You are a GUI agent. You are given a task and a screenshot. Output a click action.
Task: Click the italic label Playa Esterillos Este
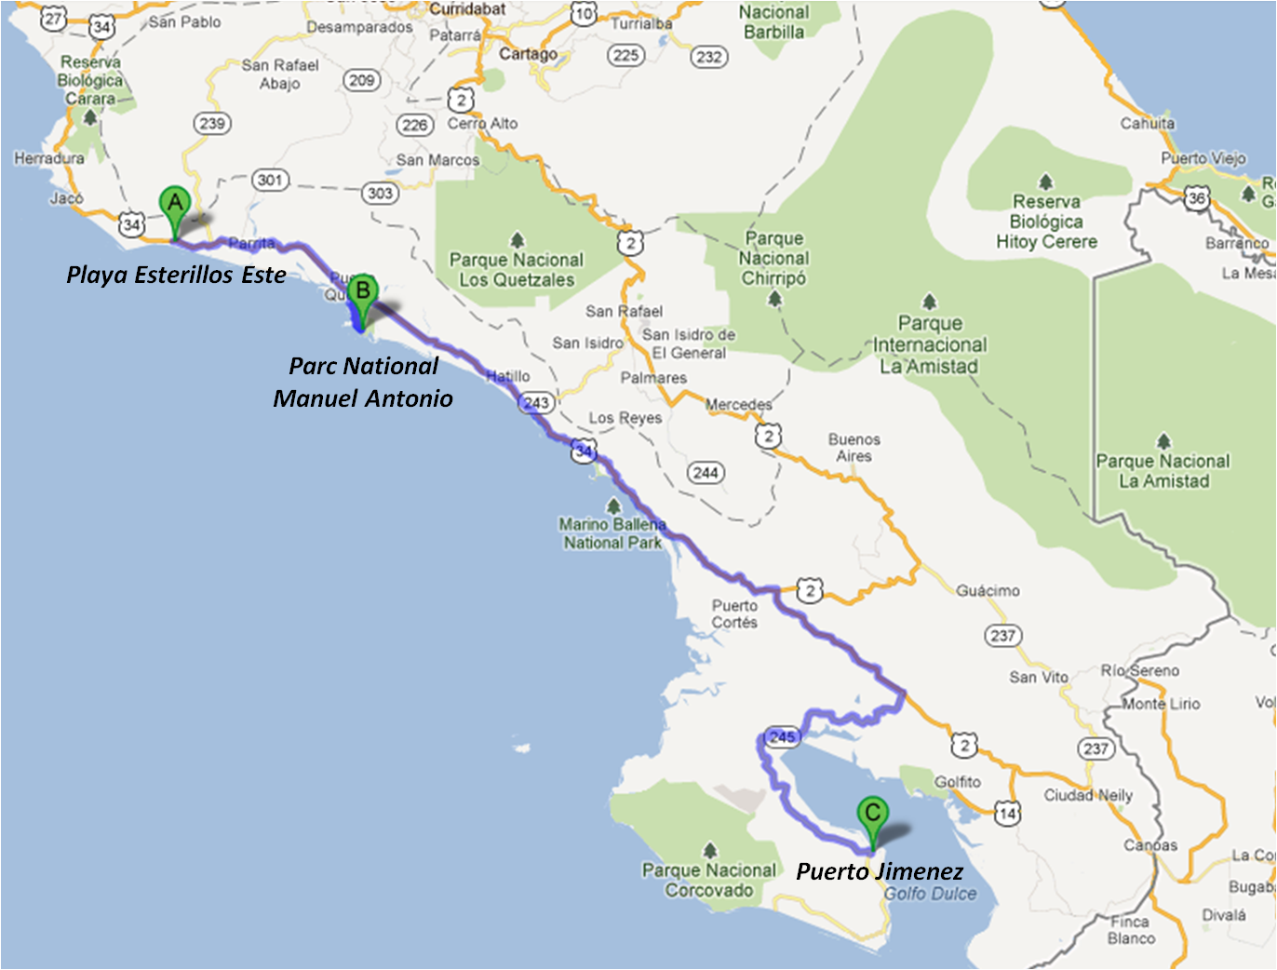[x=176, y=275]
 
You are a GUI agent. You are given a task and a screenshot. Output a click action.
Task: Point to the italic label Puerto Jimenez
[x=880, y=871]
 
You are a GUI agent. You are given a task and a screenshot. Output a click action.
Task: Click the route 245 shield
[x=782, y=737]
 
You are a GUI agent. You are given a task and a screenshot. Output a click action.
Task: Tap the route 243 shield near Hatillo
[x=536, y=403]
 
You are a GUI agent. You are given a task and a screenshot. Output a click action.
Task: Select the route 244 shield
[x=706, y=473]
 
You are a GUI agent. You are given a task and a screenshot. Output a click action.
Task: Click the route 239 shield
[x=212, y=124]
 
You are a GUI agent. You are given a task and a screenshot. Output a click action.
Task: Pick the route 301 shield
[x=270, y=180]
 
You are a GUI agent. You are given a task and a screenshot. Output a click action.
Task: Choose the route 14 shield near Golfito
[x=1006, y=814]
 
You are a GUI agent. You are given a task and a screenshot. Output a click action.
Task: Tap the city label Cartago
[x=528, y=54]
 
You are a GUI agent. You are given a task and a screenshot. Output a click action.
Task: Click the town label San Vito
[x=1039, y=677]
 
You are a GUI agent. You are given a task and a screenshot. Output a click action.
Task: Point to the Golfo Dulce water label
[x=930, y=894]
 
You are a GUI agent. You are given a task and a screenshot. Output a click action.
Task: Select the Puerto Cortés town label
[x=734, y=614]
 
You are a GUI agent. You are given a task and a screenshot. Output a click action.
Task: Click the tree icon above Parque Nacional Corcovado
[x=710, y=850]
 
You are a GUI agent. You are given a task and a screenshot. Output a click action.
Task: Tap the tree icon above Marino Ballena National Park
[x=612, y=506]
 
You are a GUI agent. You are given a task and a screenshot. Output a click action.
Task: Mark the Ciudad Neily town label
[x=1088, y=795]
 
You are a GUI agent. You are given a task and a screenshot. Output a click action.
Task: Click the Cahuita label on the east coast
[x=1147, y=123]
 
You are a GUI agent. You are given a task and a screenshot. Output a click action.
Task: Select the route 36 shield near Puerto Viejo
[x=1197, y=197]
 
